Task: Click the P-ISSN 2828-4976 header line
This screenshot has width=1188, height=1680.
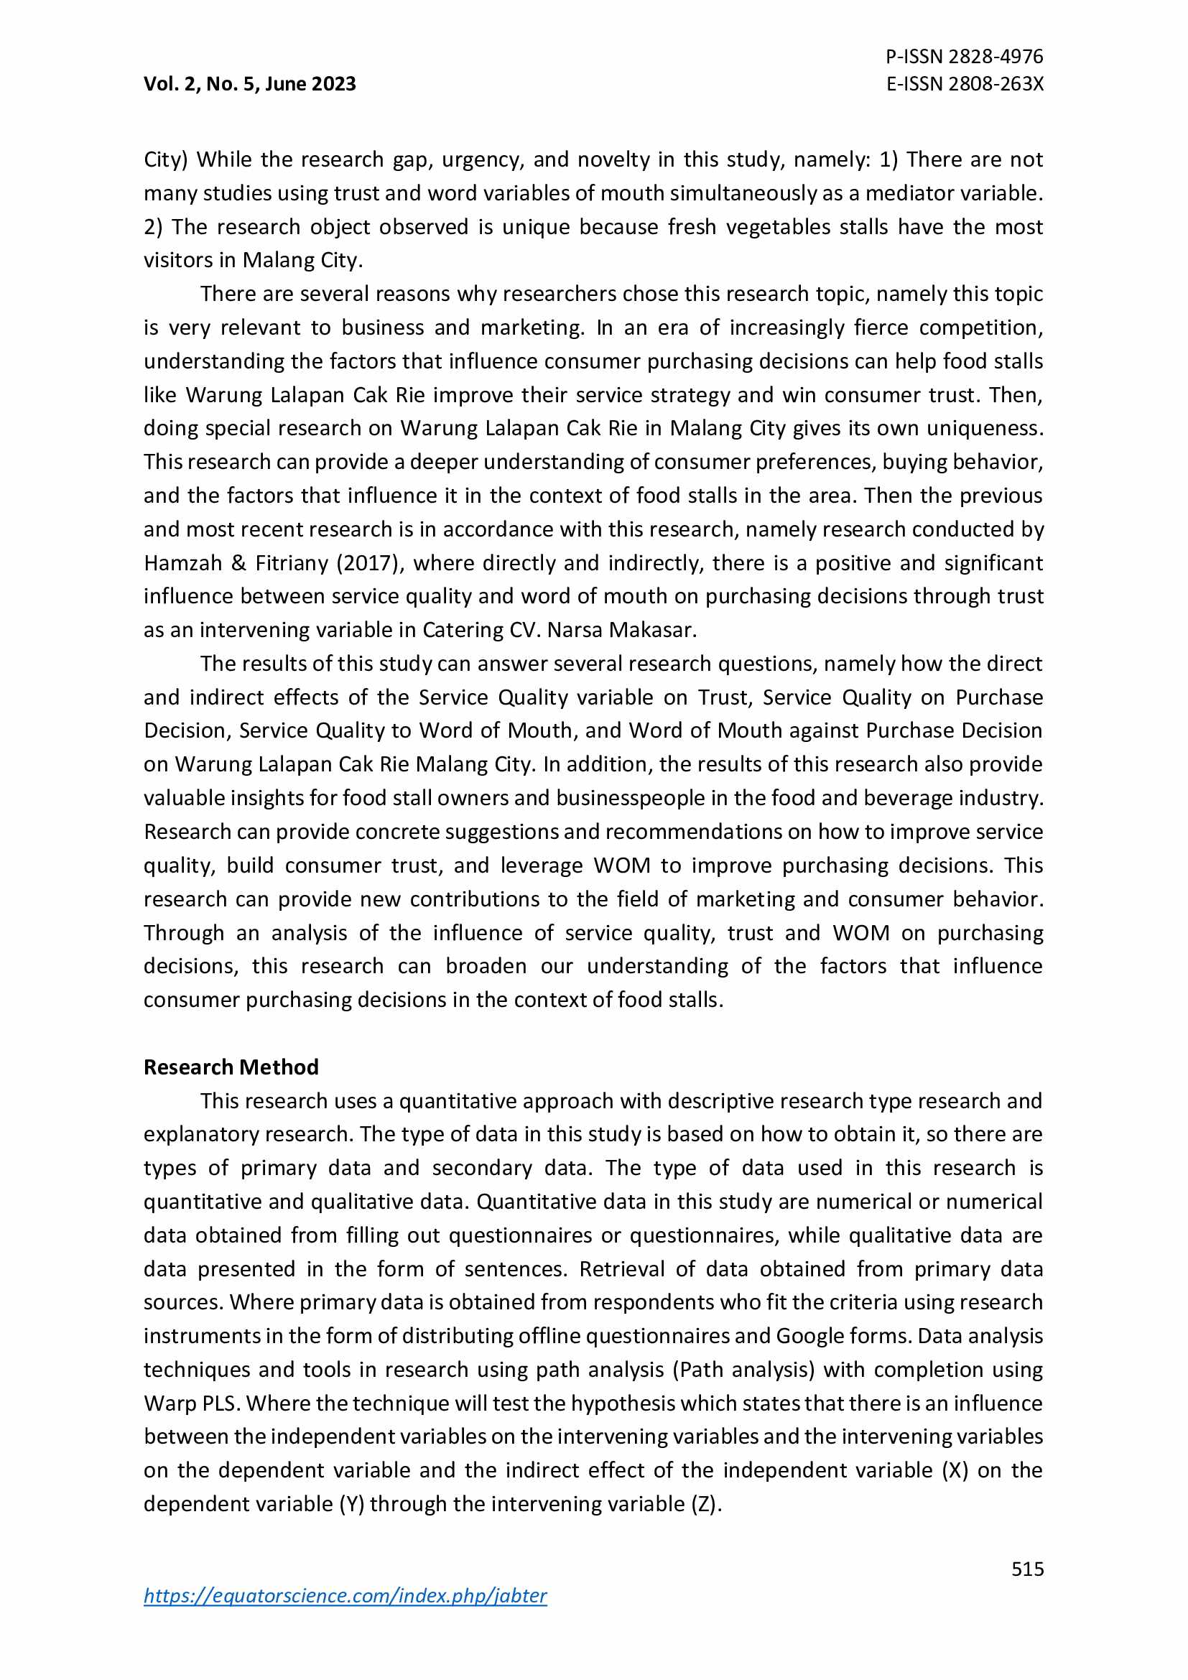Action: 964,56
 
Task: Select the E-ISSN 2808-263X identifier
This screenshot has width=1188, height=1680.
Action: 964,84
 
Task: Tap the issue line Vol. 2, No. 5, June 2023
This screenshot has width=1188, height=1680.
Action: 249,84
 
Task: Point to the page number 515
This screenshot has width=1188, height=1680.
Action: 1027,1569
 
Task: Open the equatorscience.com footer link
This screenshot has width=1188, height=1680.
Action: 345,1596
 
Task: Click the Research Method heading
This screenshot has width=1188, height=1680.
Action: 231,1067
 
